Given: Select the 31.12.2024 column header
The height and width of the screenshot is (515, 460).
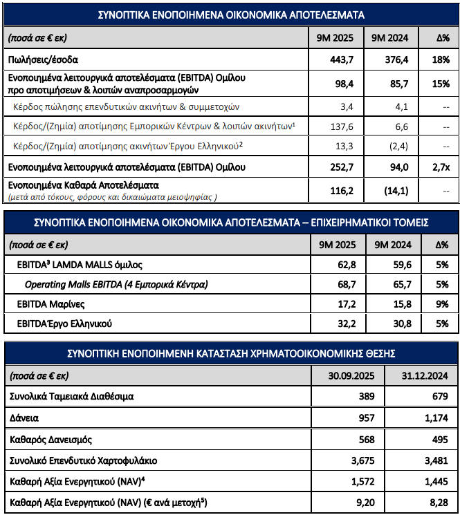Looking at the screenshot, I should point(421,377).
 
